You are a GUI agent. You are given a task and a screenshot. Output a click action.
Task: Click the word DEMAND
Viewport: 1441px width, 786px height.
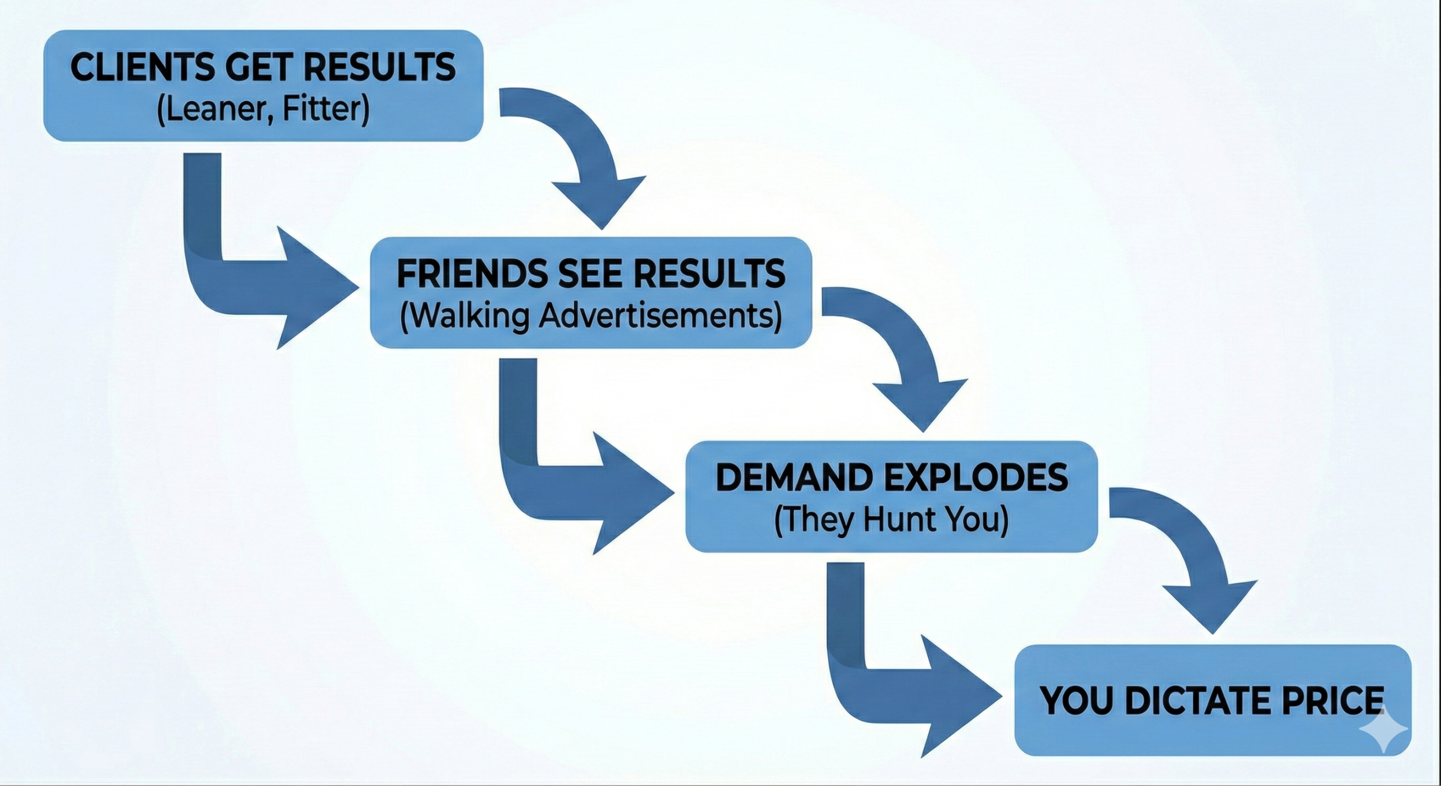[794, 477]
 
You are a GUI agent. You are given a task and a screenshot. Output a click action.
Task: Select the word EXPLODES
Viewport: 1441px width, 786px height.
[976, 477]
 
